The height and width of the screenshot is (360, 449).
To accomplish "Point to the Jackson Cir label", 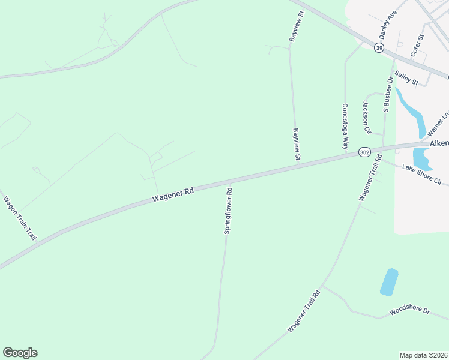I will (365, 117).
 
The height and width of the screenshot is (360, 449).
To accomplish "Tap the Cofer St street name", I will (417, 46).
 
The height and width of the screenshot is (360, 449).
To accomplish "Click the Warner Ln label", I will (438, 123).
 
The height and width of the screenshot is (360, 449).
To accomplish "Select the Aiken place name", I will (439, 144).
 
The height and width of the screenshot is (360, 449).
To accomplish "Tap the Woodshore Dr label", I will (410, 311).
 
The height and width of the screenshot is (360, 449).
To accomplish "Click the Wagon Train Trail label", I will (20, 218).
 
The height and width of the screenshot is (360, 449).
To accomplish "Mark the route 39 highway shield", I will (379, 48).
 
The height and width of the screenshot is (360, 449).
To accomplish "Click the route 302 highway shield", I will (364, 152).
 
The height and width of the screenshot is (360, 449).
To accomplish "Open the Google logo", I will (20, 353).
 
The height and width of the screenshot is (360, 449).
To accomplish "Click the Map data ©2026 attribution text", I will (423, 355).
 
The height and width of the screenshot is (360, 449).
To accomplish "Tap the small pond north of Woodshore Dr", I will (390, 281).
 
